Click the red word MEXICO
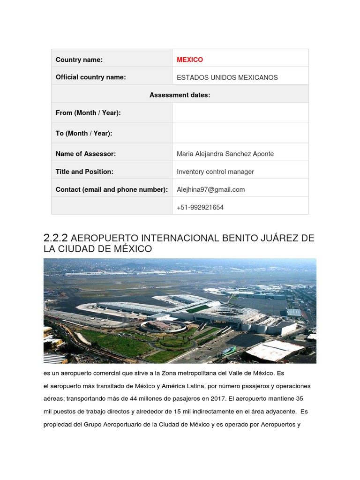(190, 60)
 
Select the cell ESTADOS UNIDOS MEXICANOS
(227, 77)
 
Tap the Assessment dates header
(180, 95)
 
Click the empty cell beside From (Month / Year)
(240, 113)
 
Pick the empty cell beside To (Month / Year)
(240, 133)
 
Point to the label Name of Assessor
(86, 154)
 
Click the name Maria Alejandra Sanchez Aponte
(225, 154)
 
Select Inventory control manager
(215, 172)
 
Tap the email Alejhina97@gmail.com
(210, 189)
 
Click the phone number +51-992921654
(200, 207)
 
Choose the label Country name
(79, 60)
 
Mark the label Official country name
(90, 77)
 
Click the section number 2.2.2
(56, 238)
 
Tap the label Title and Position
(84, 172)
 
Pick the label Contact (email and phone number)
(112, 189)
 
